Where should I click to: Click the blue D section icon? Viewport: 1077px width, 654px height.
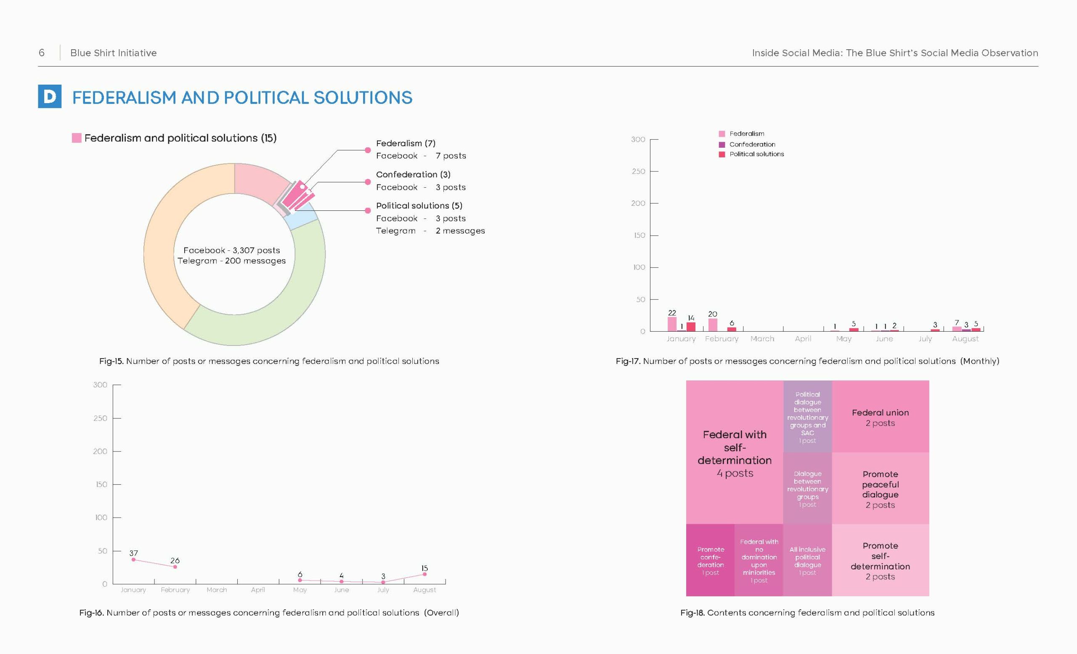(x=49, y=96)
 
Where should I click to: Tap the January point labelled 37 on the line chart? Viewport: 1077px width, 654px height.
(x=133, y=560)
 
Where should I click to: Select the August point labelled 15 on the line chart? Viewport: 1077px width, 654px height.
(x=424, y=574)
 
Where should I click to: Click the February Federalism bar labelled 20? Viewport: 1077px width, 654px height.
(x=713, y=325)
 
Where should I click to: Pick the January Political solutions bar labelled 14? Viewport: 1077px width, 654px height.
(x=691, y=327)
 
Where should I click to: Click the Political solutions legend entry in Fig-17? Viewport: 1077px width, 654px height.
(x=751, y=154)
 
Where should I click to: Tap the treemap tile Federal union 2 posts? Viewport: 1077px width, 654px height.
(x=880, y=416)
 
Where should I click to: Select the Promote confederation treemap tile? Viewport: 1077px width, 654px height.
(x=710, y=560)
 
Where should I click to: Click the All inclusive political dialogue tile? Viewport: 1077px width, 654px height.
(x=807, y=560)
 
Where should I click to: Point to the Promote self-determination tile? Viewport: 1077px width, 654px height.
(x=880, y=560)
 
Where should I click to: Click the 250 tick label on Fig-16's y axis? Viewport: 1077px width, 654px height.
(x=100, y=418)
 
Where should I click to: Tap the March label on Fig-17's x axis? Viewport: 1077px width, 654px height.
(x=762, y=339)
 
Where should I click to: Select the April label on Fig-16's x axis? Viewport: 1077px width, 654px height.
(x=258, y=590)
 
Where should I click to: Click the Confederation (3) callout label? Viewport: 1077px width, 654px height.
(x=413, y=174)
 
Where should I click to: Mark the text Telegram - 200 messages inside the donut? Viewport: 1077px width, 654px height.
(x=231, y=261)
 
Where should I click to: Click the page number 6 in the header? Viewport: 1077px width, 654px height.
(x=42, y=53)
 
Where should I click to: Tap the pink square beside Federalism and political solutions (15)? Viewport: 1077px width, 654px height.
(x=77, y=138)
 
